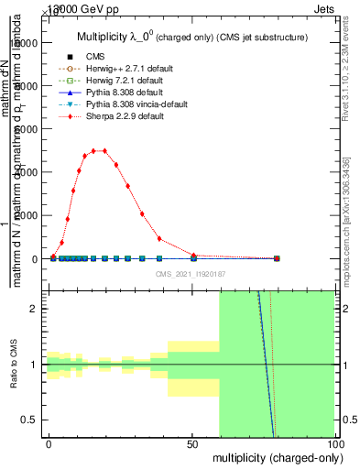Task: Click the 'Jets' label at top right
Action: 323,6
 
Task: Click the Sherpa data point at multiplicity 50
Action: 193,255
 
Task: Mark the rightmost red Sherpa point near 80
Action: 277,258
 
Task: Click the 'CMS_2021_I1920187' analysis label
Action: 192,274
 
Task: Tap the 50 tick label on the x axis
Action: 193,444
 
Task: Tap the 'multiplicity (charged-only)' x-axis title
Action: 274,457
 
